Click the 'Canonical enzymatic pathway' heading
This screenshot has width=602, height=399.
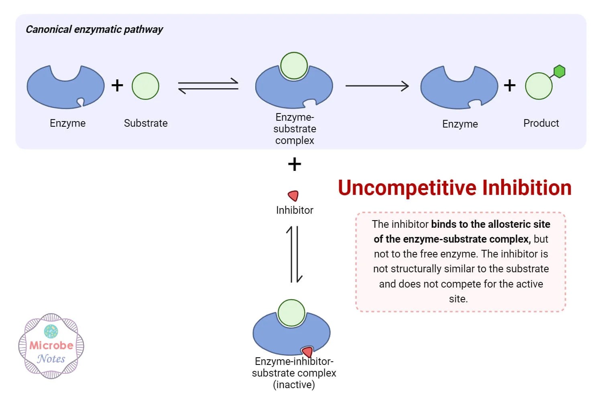point(94,29)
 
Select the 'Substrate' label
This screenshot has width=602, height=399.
point(146,123)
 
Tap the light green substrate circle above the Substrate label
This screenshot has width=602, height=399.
point(145,86)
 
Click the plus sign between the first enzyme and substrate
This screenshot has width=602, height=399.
point(117,85)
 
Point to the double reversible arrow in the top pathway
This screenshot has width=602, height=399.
point(208,86)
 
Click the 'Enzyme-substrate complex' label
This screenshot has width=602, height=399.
point(295,129)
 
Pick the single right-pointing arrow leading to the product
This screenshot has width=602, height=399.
point(377,86)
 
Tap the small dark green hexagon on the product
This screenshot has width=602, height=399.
point(559,72)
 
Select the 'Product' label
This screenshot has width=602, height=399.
point(541,123)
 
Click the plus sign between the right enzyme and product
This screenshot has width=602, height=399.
point(510,85)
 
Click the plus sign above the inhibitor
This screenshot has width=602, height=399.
point(295,164)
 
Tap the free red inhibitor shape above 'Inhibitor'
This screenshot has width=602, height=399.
point(293,196)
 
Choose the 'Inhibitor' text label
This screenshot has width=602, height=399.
point(295,210)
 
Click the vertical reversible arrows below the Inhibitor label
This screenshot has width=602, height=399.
point(295,254)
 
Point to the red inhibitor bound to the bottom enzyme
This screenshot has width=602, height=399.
point(307,352)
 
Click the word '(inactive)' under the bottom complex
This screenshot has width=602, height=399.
point(294,385)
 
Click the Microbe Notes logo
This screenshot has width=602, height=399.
point(51,346)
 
